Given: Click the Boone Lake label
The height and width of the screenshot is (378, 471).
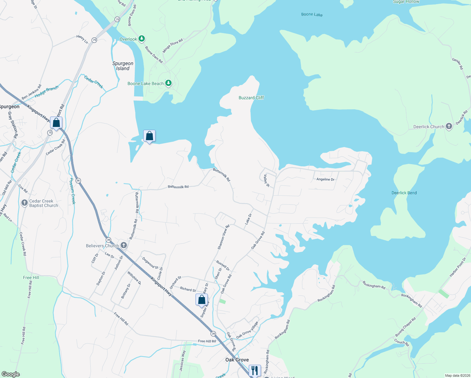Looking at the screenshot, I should [312, 14].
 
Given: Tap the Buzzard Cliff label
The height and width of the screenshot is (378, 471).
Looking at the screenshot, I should [251, 98].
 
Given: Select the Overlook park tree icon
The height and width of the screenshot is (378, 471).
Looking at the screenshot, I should [142, 39].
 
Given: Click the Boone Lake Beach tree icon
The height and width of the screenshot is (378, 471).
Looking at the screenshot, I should [169, 83].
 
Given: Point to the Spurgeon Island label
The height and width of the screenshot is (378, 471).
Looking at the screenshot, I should [123, 66].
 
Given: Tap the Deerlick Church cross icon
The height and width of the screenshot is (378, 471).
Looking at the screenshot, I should [449, 127].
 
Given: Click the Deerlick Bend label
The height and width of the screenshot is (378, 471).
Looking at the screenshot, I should [404, 193].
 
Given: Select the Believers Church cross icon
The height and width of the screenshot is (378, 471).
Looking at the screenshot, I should [124, 245].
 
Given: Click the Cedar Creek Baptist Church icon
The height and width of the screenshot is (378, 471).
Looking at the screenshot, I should [25, 203].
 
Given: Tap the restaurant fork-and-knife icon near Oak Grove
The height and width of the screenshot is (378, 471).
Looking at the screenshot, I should [255, 370].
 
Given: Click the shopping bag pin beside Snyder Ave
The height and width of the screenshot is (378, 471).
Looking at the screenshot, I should [201, 300].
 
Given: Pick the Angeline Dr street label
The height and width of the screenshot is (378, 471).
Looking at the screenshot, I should [325, 179].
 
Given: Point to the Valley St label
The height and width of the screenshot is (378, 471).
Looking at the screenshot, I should [267, 181].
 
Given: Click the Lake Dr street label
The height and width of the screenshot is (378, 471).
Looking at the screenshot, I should [248, 219].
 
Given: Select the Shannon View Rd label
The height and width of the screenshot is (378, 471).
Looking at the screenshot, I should [224, 237].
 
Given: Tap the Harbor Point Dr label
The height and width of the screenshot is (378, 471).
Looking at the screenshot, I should [457, 267].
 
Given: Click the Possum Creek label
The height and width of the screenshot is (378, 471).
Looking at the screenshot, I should [72, 191].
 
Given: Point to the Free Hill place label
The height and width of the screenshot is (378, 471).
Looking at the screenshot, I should [31, 278].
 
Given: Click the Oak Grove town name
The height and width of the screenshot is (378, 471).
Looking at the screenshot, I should [237, 360].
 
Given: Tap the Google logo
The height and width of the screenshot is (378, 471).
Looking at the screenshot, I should [11, 374].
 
